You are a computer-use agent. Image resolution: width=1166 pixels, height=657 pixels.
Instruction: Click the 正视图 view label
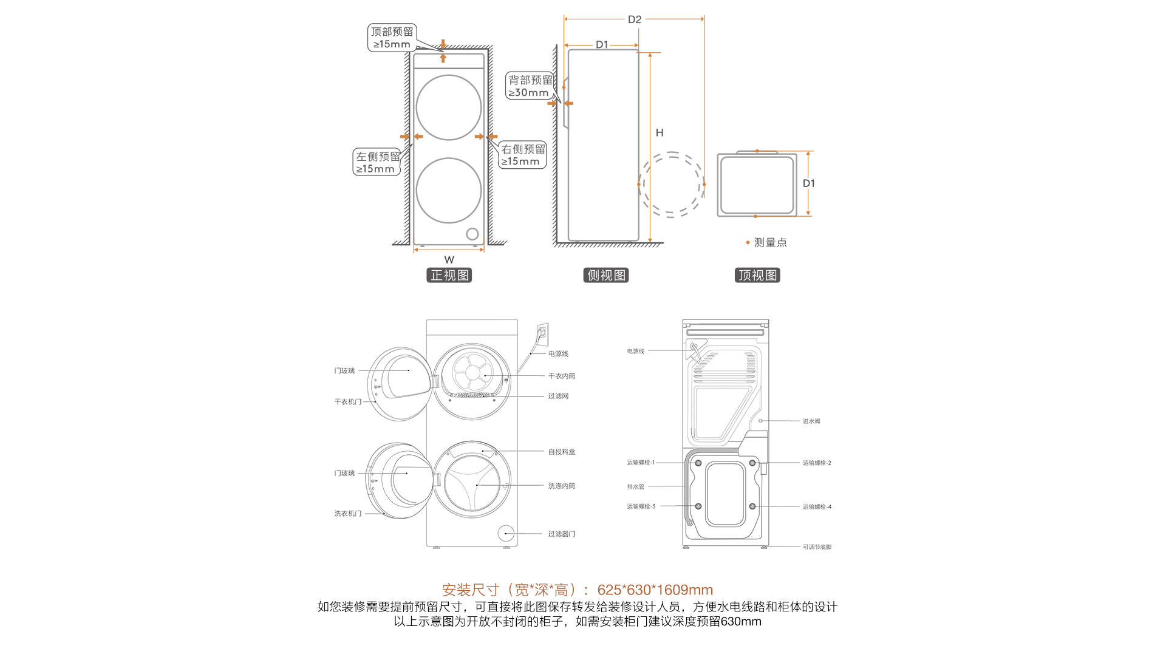coord(449,275)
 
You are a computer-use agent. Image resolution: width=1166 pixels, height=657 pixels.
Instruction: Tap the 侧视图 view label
coord(605,275)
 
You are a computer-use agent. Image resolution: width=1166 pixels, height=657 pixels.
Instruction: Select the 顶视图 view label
coord(757,275)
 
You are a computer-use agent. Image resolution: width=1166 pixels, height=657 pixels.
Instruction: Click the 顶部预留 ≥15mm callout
coord(392,38)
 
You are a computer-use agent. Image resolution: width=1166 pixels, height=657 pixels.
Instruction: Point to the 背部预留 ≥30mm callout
coord(530,86)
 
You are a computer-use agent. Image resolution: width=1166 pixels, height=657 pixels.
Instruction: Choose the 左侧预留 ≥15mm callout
coord(377,162)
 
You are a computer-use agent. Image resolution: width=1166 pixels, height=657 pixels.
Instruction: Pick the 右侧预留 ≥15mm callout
coord(523,155)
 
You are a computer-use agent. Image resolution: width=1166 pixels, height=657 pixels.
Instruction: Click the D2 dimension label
coord(635,19)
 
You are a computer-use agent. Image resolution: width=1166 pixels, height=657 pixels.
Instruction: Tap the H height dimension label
coord(660,132)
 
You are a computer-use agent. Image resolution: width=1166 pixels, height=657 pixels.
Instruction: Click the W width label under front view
coord(449,259)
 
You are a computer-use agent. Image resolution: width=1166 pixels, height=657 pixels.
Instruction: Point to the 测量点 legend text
coord(770,242)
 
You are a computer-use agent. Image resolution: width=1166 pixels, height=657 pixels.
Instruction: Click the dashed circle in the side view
coord(671,185)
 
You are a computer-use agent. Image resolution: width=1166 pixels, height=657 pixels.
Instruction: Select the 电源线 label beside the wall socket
coord(558,353)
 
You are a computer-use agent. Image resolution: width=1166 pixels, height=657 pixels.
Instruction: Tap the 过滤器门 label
coord(561,534)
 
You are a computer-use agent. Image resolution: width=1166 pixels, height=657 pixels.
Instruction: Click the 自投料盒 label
coord(561,452)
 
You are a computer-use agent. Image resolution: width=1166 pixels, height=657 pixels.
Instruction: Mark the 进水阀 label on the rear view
coord(811,421)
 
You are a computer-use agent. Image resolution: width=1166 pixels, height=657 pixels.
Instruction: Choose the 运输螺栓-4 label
coord(817,506)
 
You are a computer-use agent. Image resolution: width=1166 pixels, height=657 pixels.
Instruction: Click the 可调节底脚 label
coord(817,547)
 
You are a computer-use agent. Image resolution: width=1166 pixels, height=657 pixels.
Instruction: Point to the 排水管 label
coord(636,486)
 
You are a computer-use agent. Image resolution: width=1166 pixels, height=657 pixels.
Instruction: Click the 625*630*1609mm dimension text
coord(655,590)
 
